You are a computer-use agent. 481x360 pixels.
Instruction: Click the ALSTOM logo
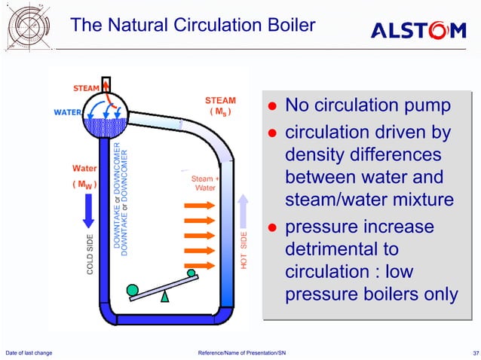click(x=418, y=30)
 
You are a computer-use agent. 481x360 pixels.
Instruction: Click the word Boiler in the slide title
click(x=283, y=26)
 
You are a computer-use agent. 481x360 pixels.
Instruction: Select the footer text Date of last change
click(x=28, y=353)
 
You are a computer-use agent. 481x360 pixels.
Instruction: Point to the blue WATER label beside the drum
click(x=66, y=113)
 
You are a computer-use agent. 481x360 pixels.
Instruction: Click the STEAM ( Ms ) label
click(x=220, y=106)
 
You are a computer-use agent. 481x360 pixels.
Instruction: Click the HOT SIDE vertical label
click(x=244, y=250)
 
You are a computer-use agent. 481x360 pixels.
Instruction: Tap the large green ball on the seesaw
click(x=133, y=289)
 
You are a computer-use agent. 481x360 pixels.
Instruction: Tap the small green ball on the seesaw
click(x=191, y=273)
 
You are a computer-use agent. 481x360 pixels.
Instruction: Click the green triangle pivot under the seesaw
click(x=165, y=296)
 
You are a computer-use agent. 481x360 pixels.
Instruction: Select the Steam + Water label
click(x=205, y=183)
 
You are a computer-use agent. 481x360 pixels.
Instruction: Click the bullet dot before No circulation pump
click(x=275, y=105)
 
